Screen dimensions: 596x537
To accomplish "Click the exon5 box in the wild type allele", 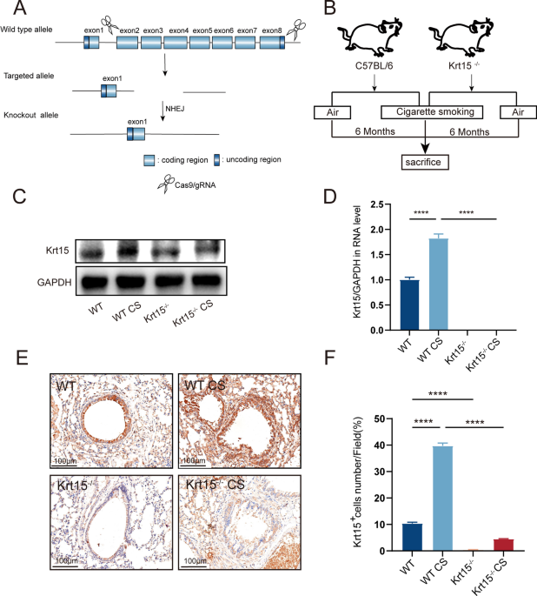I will point(202,42).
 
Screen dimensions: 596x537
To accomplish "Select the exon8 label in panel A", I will point(270,30).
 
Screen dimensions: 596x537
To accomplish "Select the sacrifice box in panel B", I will point(426,162).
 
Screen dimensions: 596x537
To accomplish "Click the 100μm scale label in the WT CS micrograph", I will point(193,459).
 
